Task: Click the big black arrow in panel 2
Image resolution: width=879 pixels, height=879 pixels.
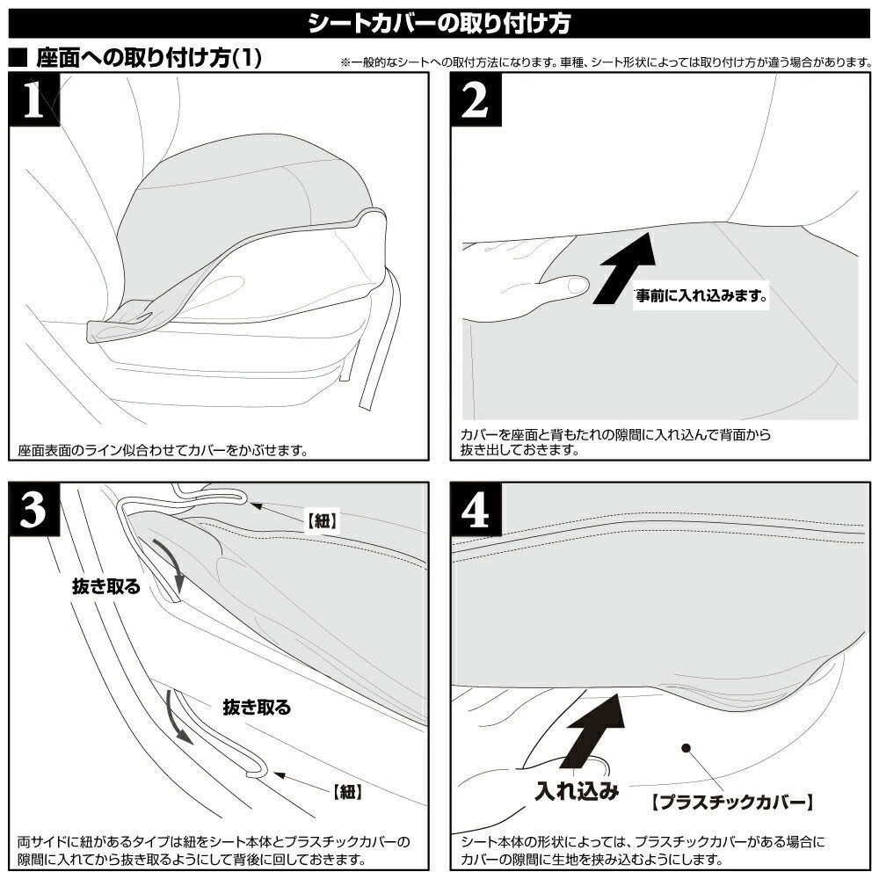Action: click(x=625, y=265)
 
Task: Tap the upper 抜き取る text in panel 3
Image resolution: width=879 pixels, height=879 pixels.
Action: click(x=106, y=587)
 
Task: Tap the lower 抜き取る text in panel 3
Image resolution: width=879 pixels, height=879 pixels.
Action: click(x=257, y=707)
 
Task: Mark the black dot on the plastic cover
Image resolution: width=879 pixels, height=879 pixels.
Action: click(x=686, y=747)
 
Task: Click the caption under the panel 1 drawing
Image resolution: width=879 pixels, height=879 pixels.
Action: click(x=163, y=451)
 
